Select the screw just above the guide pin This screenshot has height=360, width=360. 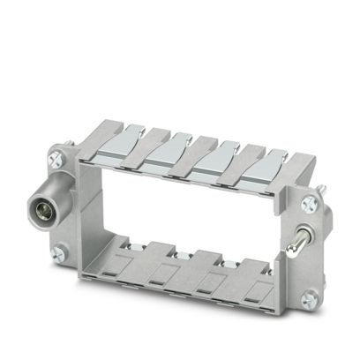tap(307, 204)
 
